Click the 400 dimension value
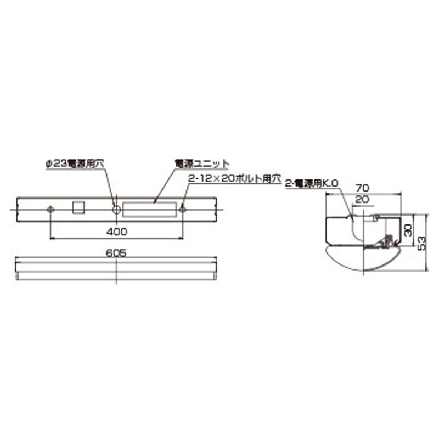point(116,232)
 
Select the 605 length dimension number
point(116,253)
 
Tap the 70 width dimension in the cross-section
point(362,188)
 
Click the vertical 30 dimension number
point(407,229)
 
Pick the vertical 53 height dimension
point(421,242)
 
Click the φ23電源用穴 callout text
point(75,164)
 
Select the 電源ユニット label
point(201,164)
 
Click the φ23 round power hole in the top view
point(116,210)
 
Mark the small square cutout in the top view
point(80,207)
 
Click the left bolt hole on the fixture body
point(50,210)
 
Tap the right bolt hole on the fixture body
point(182,209)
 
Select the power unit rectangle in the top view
point(150,210)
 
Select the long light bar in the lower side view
point(116,269)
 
